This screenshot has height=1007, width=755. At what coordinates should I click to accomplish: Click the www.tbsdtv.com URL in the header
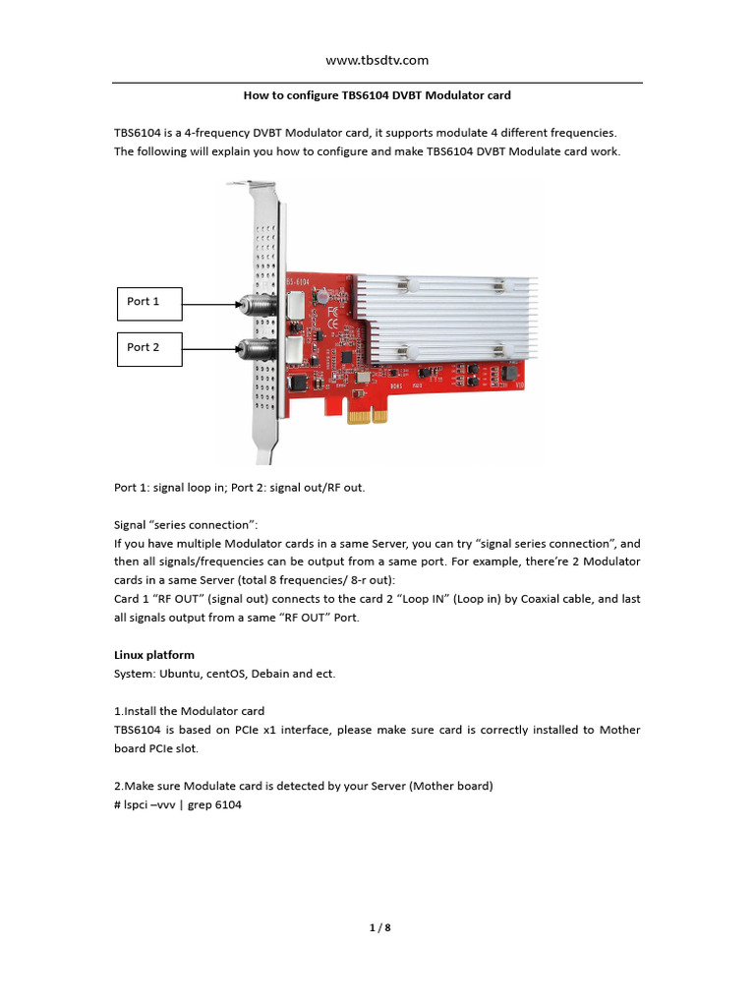[377, 60]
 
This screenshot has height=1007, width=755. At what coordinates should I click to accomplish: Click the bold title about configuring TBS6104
[377, 95]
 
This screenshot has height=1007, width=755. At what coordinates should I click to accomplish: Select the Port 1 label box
[149, 302]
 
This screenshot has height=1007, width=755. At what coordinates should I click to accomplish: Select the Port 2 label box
[149, 347]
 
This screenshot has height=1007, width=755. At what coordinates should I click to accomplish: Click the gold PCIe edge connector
[367, 416]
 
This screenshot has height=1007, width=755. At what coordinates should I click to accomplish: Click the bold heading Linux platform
[154, 655]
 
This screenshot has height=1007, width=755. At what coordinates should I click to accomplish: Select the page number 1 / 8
[377, 926]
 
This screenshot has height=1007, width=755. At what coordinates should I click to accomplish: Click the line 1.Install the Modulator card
[190, 711]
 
